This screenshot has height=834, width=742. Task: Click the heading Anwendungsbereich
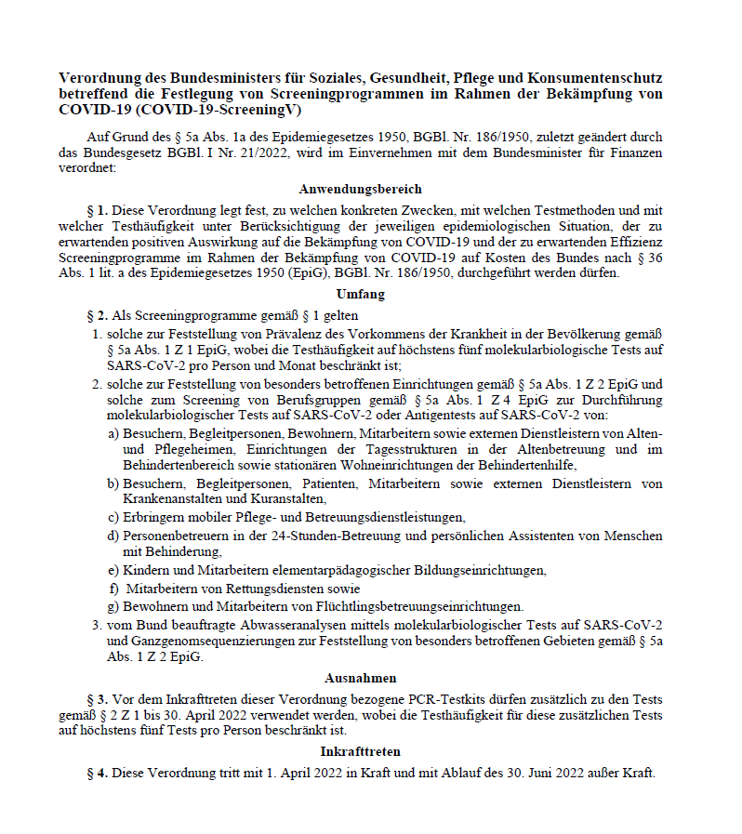click(x=360, y=189)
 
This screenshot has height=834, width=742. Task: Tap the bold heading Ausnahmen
click(x=360, y=678)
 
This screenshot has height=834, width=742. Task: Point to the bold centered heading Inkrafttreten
click(x=360, y=750)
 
